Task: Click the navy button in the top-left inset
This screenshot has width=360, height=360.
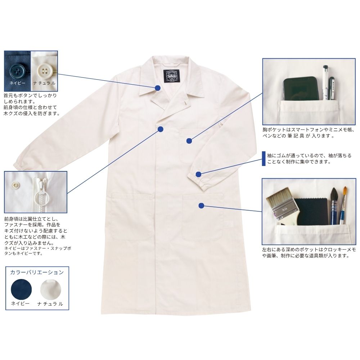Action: (x=18, y=69)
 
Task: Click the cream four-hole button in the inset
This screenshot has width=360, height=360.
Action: (x=44, y=70)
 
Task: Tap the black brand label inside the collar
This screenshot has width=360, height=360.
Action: (x=171, y=76)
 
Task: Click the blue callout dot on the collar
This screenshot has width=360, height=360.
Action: (x=158, y=88)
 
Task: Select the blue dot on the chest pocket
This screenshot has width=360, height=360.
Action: (x=189, y=141)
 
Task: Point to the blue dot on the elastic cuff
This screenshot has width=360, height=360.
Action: (x=199, y=174)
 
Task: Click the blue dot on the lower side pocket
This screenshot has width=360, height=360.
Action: (x=201, y=206)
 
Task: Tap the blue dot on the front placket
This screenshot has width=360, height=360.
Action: (x=161, y=129)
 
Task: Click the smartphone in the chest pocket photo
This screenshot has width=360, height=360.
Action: (x=301, y=89)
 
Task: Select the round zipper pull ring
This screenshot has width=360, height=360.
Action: (x=41, y=197)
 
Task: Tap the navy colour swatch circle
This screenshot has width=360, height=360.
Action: (x=21, y=289)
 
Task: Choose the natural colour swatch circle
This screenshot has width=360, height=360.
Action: (x=50, y=289)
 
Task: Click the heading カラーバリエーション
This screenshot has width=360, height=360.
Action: (x=37, y=272)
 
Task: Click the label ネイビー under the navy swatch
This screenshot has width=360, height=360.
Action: (x=21, y=303)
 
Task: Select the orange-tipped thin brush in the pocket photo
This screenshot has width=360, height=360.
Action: (x=343, y=206)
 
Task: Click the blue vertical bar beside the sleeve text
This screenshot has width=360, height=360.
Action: (x=264, y=159)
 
